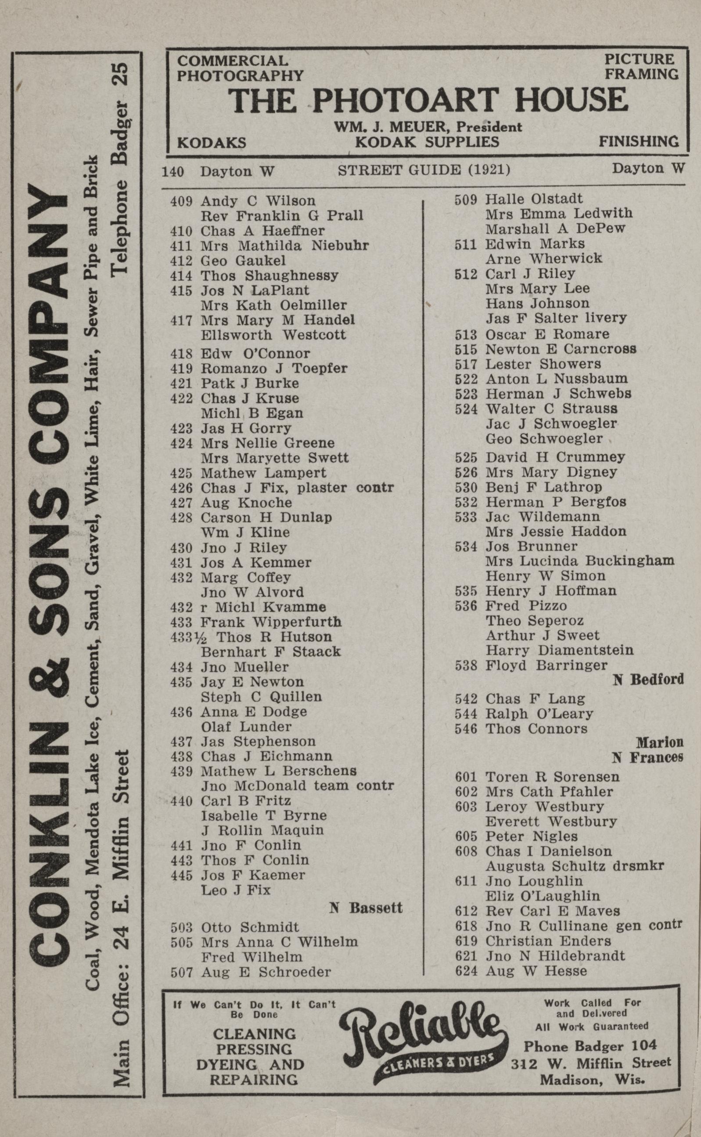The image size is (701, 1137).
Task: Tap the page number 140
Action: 173,172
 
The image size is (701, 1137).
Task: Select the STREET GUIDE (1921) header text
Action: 424,171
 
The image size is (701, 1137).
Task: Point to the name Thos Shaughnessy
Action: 269,275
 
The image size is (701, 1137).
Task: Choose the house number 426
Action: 181,488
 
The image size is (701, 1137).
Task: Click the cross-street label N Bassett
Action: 366,907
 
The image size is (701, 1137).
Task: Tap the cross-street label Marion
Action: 659,742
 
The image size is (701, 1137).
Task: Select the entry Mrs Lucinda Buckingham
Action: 579,561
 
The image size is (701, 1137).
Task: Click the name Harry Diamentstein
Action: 559,650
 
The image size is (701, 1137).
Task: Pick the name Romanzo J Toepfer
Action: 273,368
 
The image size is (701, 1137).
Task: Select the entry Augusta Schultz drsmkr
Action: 575,866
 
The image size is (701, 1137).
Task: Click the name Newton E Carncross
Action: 561,349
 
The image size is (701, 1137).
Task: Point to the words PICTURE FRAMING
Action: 641,67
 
